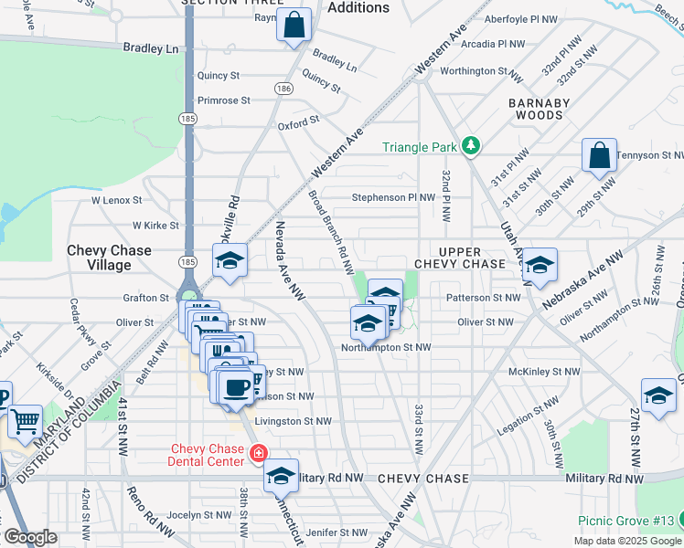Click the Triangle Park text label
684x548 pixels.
click(420, 146)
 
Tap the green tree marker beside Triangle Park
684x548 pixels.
click(470, 145)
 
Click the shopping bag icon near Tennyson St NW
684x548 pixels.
click(599, 157)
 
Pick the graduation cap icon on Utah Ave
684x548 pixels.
click(540, 265)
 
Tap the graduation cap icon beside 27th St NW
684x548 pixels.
click(658, 396)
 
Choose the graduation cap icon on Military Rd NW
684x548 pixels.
click(282, 477)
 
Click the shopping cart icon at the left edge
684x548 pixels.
click(26, 423)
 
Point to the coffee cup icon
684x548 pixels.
click(236, 387)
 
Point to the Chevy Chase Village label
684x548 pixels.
click(109, 258)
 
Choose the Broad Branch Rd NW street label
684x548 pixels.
click(330, 233)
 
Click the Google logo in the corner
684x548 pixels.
click(31, 537)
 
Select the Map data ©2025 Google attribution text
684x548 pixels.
click(626, 541)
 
